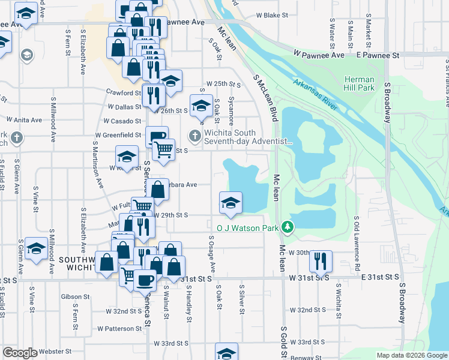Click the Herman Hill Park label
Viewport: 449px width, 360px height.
360,83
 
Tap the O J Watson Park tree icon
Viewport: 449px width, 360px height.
289,227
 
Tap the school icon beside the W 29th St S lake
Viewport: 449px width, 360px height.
230,202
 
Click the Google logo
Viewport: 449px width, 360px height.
20,353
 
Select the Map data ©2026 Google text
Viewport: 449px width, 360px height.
412,355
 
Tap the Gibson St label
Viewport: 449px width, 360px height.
75,296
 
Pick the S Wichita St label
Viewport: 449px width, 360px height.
339,305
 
